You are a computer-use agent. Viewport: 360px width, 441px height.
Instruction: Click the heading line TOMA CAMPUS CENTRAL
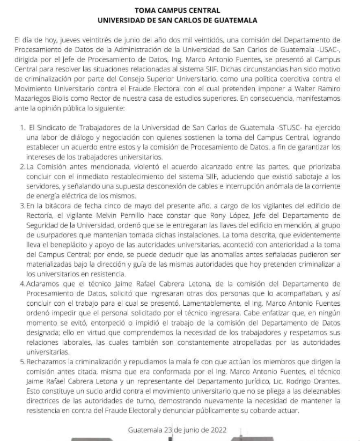180,10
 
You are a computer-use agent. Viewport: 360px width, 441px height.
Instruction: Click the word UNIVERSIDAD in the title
127,20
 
